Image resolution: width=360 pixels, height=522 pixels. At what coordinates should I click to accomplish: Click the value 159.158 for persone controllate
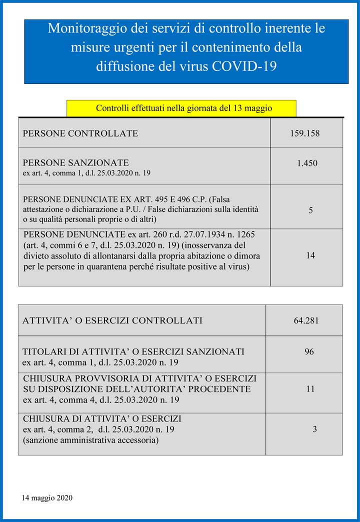pos(304,133)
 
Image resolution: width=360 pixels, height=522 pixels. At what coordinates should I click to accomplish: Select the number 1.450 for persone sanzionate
pos(307,163)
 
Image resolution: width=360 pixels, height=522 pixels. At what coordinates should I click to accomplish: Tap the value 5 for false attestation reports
pos(310,210)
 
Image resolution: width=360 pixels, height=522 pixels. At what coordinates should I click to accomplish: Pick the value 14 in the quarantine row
pos(310,255)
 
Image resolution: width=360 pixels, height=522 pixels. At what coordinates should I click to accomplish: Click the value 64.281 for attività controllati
pos(306,320)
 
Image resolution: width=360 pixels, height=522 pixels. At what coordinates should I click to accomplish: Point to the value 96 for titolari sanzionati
pos(309,352)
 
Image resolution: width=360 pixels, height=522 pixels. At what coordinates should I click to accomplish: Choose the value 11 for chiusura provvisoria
pos(310,388)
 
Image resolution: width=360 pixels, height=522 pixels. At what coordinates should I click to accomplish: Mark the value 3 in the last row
pos(314,429)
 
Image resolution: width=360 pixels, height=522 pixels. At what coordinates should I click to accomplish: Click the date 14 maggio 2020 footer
pos(47,497)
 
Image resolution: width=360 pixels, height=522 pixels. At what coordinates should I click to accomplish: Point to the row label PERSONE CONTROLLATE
pos(80,133)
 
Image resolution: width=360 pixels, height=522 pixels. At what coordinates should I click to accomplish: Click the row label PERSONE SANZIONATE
pos(76,162)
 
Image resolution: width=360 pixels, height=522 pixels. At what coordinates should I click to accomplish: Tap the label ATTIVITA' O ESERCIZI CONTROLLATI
pos(112,320)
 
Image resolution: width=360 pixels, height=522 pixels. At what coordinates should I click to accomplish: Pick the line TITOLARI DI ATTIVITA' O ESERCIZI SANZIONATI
pos(133,351)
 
